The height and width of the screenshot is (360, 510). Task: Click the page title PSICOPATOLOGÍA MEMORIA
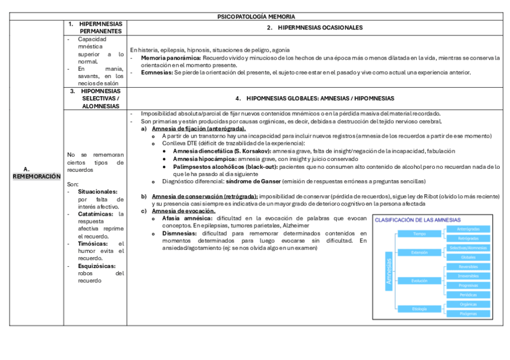click(x=256, y=16)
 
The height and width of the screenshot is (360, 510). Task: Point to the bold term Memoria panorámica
click(x=171, y=58)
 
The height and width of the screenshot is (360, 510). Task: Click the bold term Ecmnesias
click(x=156, y=72)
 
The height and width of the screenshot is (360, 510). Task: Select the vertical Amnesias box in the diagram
click(x=388, y=271)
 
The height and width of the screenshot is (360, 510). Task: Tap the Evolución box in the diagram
click(x=419, y=281)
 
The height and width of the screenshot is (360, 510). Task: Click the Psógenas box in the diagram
click(x=468, y=313)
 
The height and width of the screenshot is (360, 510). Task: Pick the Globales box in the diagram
click(x=468, y=257)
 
